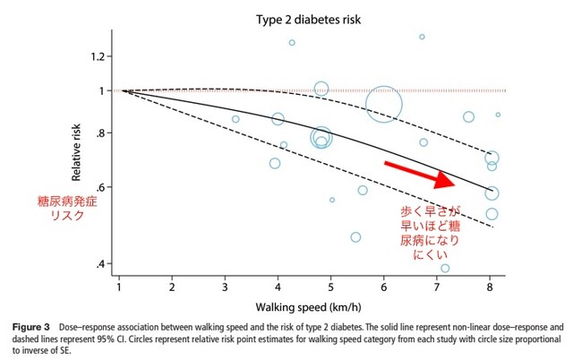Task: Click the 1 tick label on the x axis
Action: click(x=120, y=287)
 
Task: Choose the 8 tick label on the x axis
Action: click(x=491, y=287)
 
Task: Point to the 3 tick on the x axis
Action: click(x=226, y=287)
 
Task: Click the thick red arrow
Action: click(x=420, y=174)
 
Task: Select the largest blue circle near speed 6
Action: click(x=384, y=105)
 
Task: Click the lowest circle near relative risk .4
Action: click(x=445, y=268)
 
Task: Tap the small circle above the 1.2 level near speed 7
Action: click(x=422, y=37)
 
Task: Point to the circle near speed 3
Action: click(x=235, y=119)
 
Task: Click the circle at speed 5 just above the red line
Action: click(x=321, y=88)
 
